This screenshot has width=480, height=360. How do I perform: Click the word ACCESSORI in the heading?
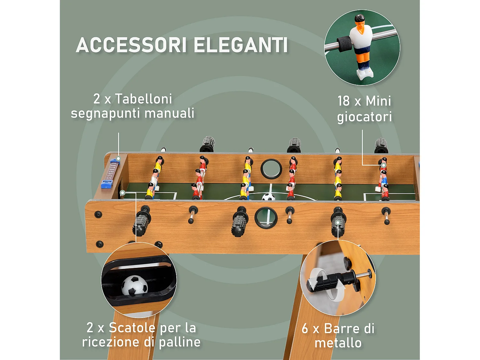pyautogui.click(x=131, y=45)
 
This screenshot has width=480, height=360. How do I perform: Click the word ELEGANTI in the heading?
pyautogui.click(x=241, y=45)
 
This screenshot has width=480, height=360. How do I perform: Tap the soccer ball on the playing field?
pyautogui.click(x=268, y=197)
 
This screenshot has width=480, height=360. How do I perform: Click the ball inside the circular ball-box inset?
pyautogui.click(x=135, y=286)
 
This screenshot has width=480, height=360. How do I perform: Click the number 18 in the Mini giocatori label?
pyautogui.click(x=344, y=101)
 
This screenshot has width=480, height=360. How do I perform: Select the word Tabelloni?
pyautogui.click(x=143, y=99)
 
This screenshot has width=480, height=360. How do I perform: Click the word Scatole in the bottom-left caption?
pyautogui.click(x=132, y=328)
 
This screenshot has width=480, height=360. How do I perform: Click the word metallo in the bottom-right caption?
pyautogui.click(x=338, y=343)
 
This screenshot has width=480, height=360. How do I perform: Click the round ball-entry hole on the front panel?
pyautogui.click(x=266, y=218)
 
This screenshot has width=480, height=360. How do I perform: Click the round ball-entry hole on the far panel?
pyautogui.click(x=271, y=169)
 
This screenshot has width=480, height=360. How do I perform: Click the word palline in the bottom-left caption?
pyautogui.click(x=180, y=342)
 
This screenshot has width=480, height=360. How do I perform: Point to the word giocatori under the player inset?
pyautogui.click(x=364, y=117)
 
